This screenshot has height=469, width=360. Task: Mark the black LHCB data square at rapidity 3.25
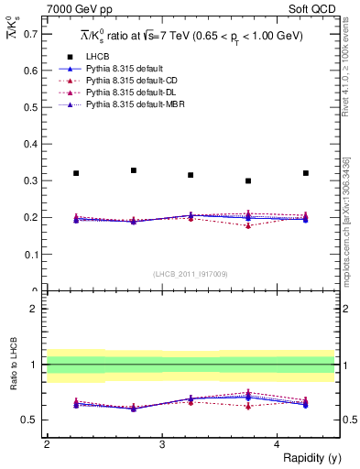point(191,175)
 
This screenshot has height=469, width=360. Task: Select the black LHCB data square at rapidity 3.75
point(248,180)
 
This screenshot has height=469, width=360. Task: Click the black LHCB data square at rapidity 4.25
point(306,173)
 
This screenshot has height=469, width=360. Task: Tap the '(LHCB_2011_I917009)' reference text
point(191,273)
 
